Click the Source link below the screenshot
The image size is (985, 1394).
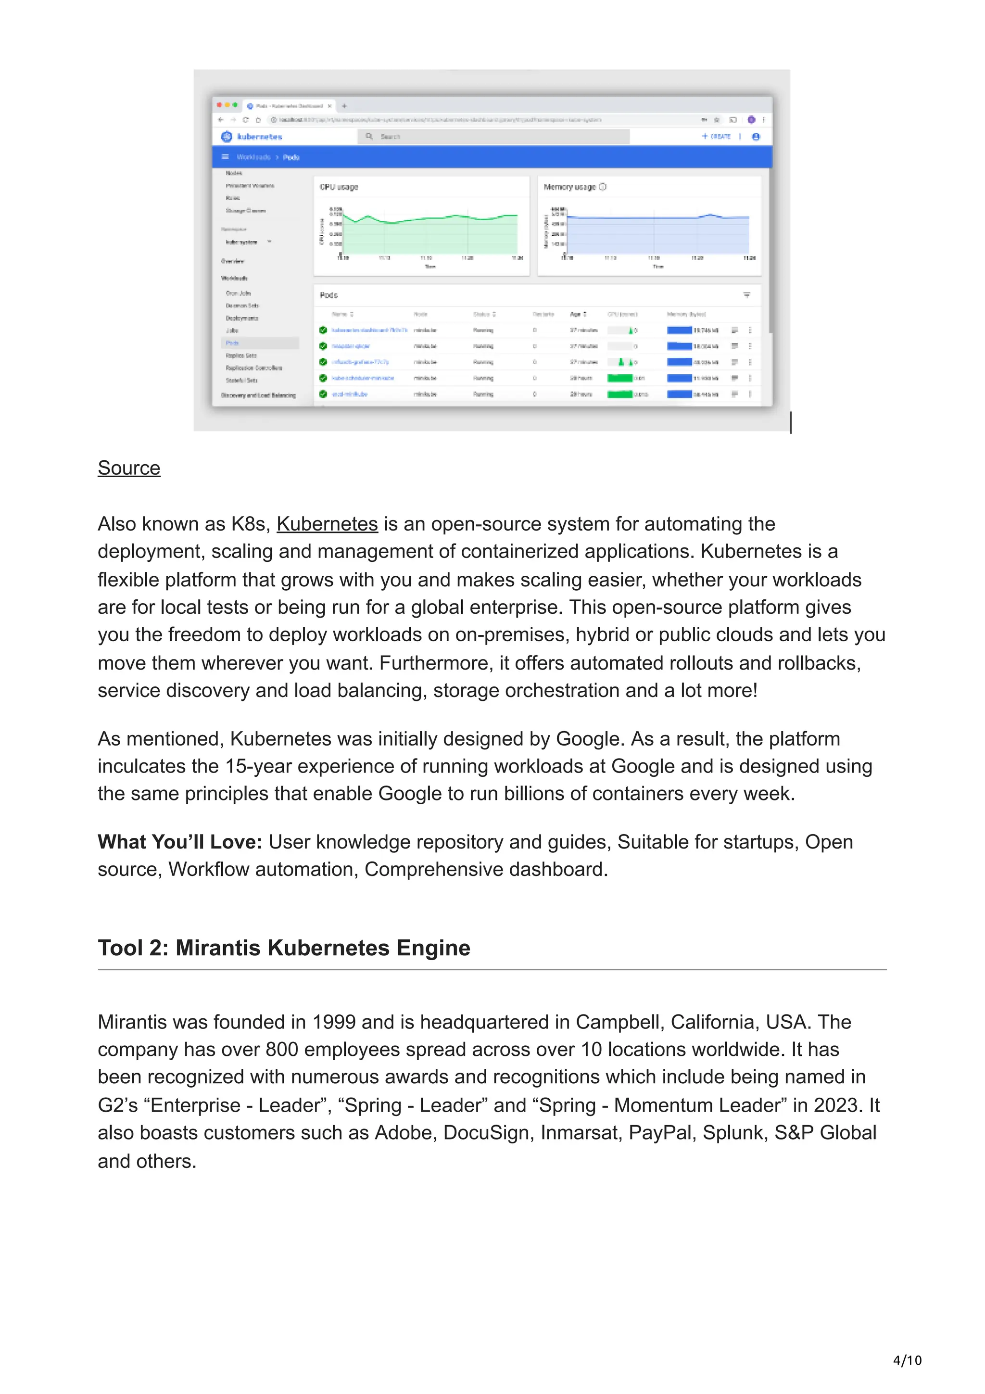[x=129, y=468]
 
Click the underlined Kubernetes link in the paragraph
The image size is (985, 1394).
[x=327, y=524]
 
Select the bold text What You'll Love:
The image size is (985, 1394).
[x=180, y=842]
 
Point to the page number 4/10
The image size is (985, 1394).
[x=907, y=1361]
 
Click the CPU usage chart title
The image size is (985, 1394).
[x=339, y=187]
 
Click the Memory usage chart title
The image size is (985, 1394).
[x=570, y=187]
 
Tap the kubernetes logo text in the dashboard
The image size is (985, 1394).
[x=259, y=137]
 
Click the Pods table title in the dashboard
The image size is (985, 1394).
[x=328, y=295]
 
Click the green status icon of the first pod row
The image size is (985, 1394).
[x=323, y=330]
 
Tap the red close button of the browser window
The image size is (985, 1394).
[x=220, y=105]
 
